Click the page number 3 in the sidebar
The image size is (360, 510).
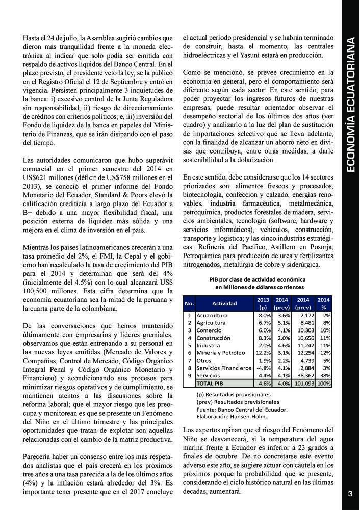pyautogui.click(x=350, y=493)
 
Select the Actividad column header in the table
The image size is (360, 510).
pyautogui.click(x=224, y=303)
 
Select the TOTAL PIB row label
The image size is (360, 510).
pyautogui.click(x=211, y=383)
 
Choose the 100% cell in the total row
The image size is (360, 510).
pyautogui.click(x=323, y=383)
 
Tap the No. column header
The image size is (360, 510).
pyautogui.click(x=189, y=303)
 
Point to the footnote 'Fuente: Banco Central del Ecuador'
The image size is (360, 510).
pyautogui.click(x=242, y=409)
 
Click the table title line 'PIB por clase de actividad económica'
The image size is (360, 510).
pyautogui.click(x=258, y=279)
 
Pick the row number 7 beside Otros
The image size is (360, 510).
pyautogui.click(x=189, y=360)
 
